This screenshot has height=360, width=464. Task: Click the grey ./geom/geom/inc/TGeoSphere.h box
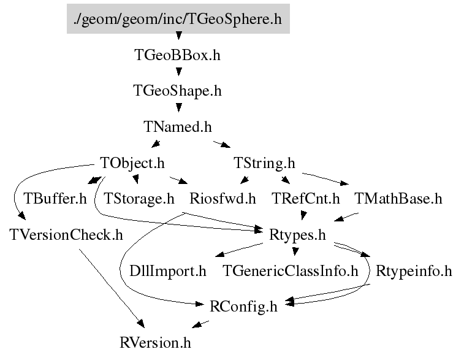(178, 20)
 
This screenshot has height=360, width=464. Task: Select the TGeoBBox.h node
(177, 55)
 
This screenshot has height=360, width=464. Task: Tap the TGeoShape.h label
(177, 91)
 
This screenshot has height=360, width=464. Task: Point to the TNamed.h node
(177, 127)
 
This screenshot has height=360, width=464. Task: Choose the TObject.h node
(132, 163)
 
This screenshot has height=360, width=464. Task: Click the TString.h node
(264, 163)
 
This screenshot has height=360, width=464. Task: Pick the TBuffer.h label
(55, 199)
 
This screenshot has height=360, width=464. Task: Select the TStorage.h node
(139, 199)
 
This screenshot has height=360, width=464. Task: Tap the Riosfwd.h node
(222, 199)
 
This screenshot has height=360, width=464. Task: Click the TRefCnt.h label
(305, 199)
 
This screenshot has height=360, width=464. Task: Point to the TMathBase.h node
(398, 199)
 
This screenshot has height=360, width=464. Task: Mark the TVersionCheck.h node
(66, 234)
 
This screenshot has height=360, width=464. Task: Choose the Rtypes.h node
(297, 234)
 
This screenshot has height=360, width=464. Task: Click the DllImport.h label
(168, 270)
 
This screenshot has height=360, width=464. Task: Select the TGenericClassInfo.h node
(290, 270)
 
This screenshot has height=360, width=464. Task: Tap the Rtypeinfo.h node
(413, 270)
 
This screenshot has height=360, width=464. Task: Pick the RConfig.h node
(243, 306)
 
